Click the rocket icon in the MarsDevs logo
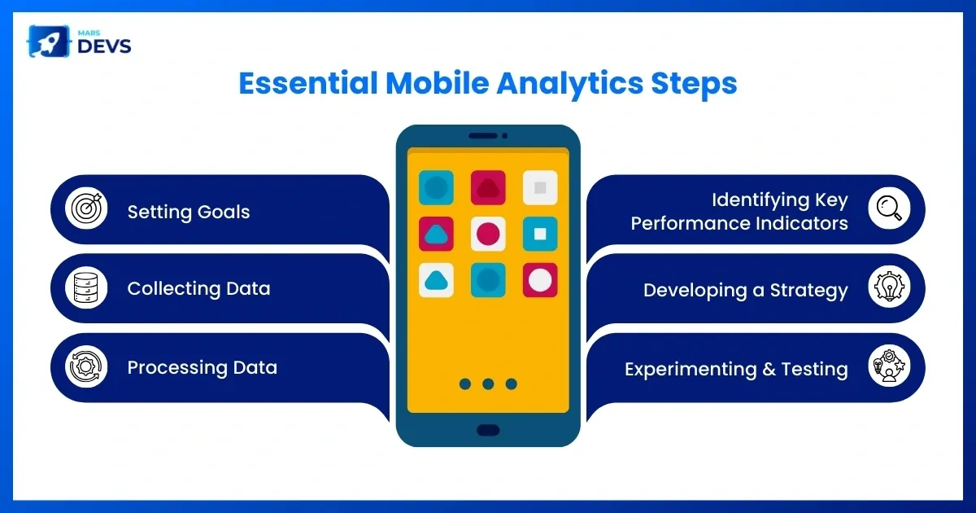[49, 42]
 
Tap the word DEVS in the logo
[104, 46]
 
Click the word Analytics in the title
[569, 84]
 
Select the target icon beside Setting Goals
[86, 208]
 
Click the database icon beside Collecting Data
[86, 287]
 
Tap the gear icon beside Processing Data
[86, 366]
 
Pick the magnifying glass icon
[889, 208]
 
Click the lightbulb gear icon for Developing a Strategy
[889, 287]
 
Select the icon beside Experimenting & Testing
[889, 366]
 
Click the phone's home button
[488, 430]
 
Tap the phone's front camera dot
[504, 136]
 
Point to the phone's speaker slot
[483, 136]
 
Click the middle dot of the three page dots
[488, 384]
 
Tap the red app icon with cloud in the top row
[488, 187]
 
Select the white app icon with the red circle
[488, 234]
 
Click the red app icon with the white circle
[540, 280]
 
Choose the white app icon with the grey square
[540, 187]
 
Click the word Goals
[223, 212]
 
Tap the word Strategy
[808, 291]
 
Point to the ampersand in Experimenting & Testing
[769, 369]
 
